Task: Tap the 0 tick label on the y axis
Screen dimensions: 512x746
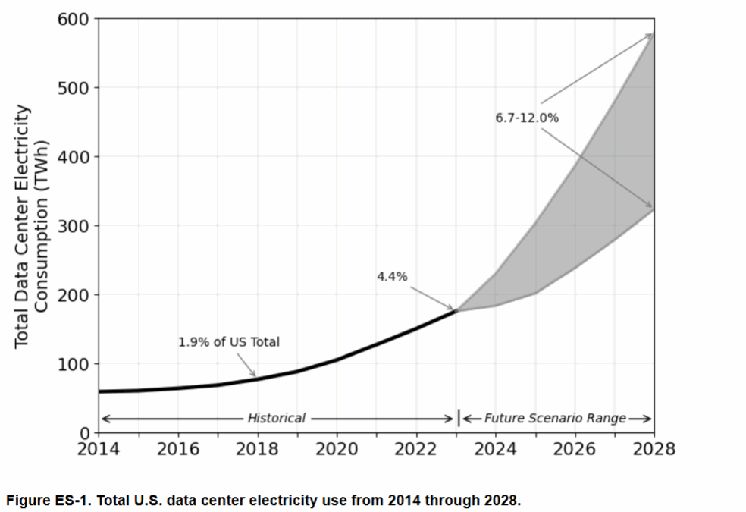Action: coord(85,433)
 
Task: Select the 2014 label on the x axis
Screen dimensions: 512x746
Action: coord(99,449)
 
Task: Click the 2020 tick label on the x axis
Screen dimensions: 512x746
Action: coord(337,449)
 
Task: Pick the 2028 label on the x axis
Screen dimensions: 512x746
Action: coord(654,449)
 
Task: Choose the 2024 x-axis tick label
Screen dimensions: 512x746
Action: coord(495,449)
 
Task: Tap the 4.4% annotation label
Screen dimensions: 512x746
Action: coord(392,277)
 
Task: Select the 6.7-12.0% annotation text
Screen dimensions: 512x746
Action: coord(527,118)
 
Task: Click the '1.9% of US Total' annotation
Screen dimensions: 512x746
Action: coord(229,342)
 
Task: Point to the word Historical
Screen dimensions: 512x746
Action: coord(276,418)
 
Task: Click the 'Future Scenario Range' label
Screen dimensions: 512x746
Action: coord(556,418)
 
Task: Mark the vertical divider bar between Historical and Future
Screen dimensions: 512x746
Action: coord(458,418)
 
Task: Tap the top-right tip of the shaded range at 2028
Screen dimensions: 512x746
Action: coord(653,34)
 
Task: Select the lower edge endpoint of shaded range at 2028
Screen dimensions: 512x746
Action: coord(653,209)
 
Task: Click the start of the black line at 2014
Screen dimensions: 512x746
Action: coord(99,391)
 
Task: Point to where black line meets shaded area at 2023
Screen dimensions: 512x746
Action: coord(456,310)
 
